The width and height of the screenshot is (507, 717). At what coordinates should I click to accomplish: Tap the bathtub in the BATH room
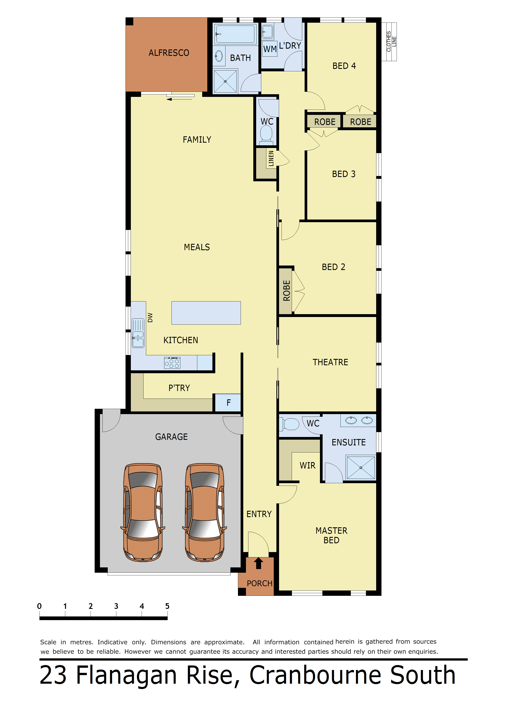(x=235, y=34)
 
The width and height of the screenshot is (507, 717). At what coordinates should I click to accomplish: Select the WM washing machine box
(x=270, y=49)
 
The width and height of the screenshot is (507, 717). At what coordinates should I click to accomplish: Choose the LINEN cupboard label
(x=271, y=158)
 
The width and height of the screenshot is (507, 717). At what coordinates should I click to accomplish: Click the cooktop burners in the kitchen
(x=172, y=363)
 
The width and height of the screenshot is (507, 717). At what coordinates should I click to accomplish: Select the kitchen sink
(x=138, y=333)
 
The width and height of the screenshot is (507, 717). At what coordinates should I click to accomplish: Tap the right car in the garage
(x=205, y=512)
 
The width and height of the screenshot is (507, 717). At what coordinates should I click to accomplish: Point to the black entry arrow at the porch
(x=258, y=563)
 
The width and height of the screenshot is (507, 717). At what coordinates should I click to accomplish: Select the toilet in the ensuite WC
(x=291, y=424)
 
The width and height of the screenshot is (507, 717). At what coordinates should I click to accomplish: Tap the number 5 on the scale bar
(x=167, y=606)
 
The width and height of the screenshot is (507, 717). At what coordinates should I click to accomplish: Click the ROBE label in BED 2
(x=286, y=290)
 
